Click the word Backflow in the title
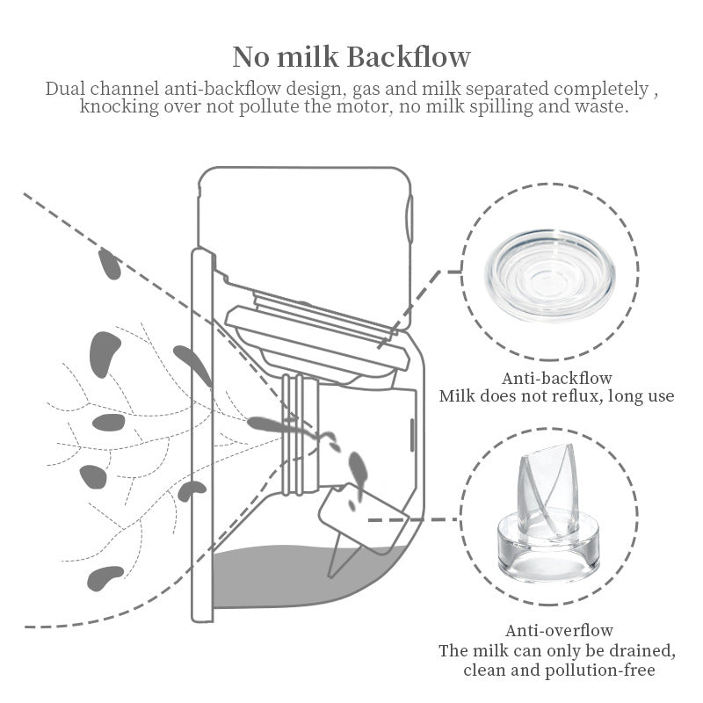click(409, 57)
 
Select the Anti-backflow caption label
click(556, 379)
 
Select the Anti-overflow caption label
click(559, 631)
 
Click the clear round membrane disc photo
click(551, 274)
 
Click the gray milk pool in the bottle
click(308, 576)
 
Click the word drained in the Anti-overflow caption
click(641, 651)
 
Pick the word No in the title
click(252, 57)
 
